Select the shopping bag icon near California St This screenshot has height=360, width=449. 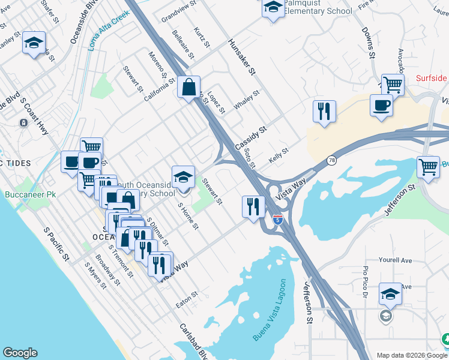coord(189,88)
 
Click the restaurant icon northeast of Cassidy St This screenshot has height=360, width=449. coord(324,111)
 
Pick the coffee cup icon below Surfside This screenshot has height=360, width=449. coord(381,106)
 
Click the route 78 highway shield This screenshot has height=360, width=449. coord(332,160)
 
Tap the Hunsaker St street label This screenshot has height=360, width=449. coord(242,58)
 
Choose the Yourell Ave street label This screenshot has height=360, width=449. coord(395,261)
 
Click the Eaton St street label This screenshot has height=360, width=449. coord(187,298)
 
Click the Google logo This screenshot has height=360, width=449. coord(20,353)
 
